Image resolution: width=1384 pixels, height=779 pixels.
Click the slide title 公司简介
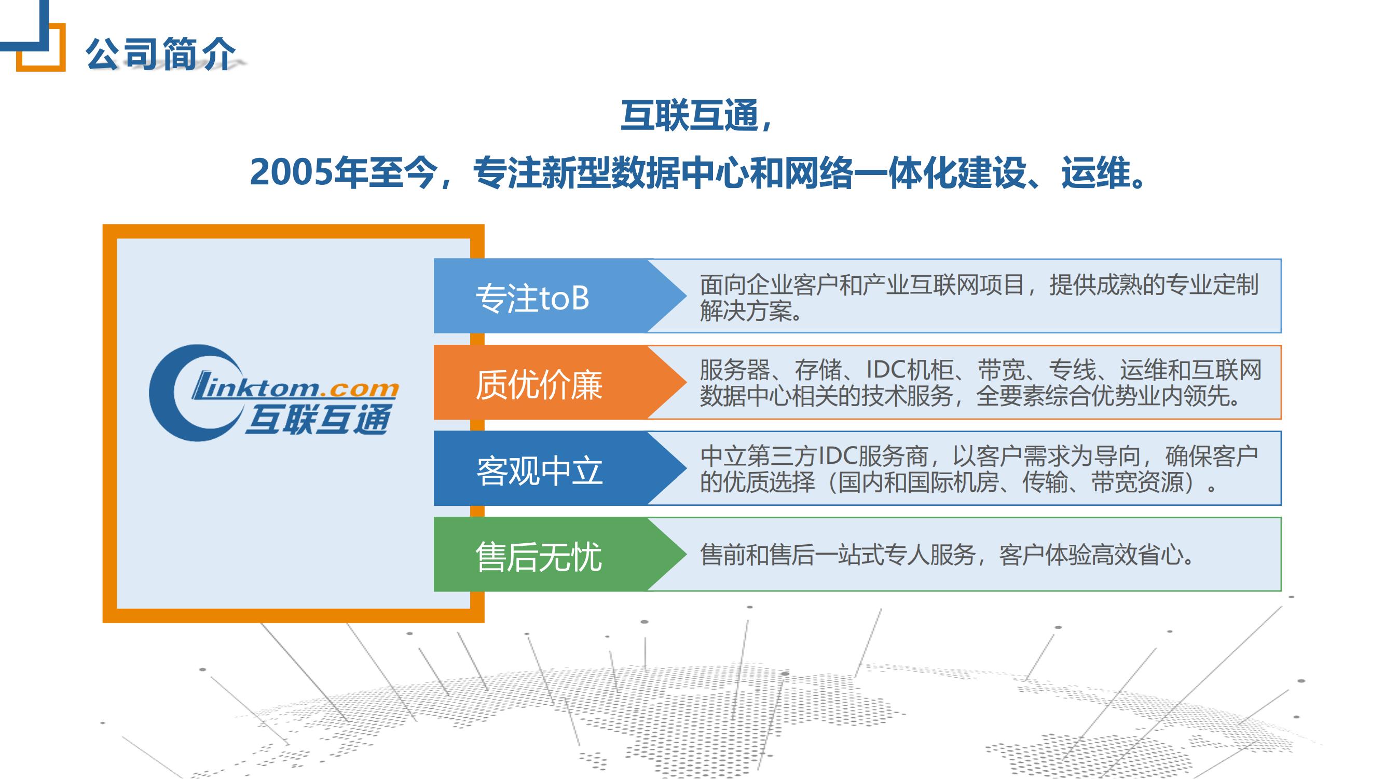point(160,54)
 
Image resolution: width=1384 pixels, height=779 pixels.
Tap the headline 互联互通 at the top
point(690,116)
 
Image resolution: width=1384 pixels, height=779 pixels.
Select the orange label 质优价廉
point(539,384)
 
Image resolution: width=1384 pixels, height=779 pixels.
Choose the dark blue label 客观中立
point(539,471)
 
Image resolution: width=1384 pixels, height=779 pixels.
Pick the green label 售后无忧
point(539,556)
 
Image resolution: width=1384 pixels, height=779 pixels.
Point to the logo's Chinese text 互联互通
point(319,419)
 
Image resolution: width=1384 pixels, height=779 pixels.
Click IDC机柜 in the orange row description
point(910,370)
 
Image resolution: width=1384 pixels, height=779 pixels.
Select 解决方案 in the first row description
point(746,310)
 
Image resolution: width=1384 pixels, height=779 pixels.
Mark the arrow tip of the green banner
point(687,554)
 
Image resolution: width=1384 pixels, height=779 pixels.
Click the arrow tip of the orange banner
point(687,382)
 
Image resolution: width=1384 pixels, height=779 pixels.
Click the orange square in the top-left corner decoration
point(41,47)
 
